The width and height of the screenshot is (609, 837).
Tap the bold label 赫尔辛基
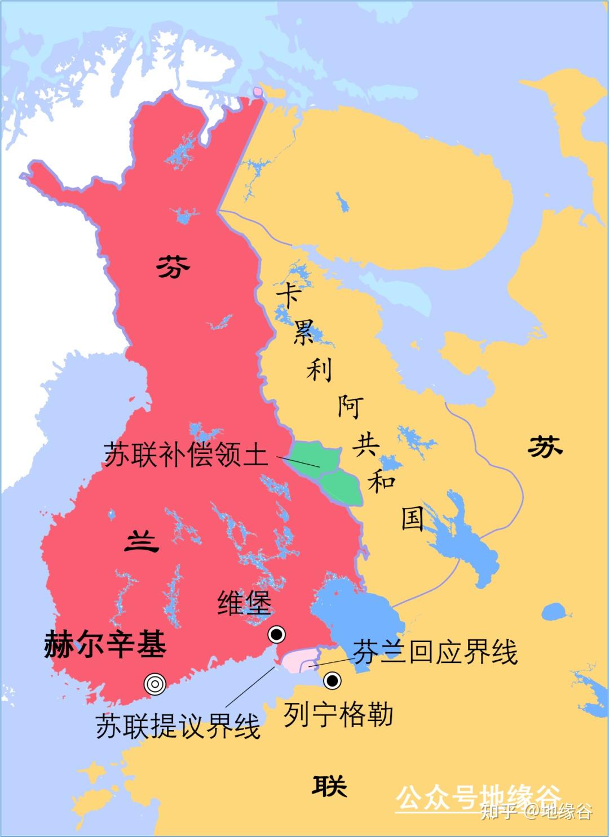point(105,645)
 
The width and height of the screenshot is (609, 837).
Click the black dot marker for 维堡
point(276,635)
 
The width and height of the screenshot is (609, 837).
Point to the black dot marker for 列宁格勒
point(333,681)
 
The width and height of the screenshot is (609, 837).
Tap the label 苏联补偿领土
point(186,454)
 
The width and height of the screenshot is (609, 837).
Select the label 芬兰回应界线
point(435,652)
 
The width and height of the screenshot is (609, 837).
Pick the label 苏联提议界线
point(178,727)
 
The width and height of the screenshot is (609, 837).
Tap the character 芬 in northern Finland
point(173,266)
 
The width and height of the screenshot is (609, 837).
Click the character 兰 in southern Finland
point(142,542)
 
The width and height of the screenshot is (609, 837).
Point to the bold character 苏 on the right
point(545,448)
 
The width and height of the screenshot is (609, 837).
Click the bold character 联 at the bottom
point(330,785)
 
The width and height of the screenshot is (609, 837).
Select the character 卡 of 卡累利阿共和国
point(288,295)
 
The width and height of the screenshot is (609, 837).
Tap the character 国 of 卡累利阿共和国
point(413,518)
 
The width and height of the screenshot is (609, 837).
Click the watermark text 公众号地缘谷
point(478,798)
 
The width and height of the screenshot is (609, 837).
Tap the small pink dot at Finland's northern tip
point(258,91)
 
